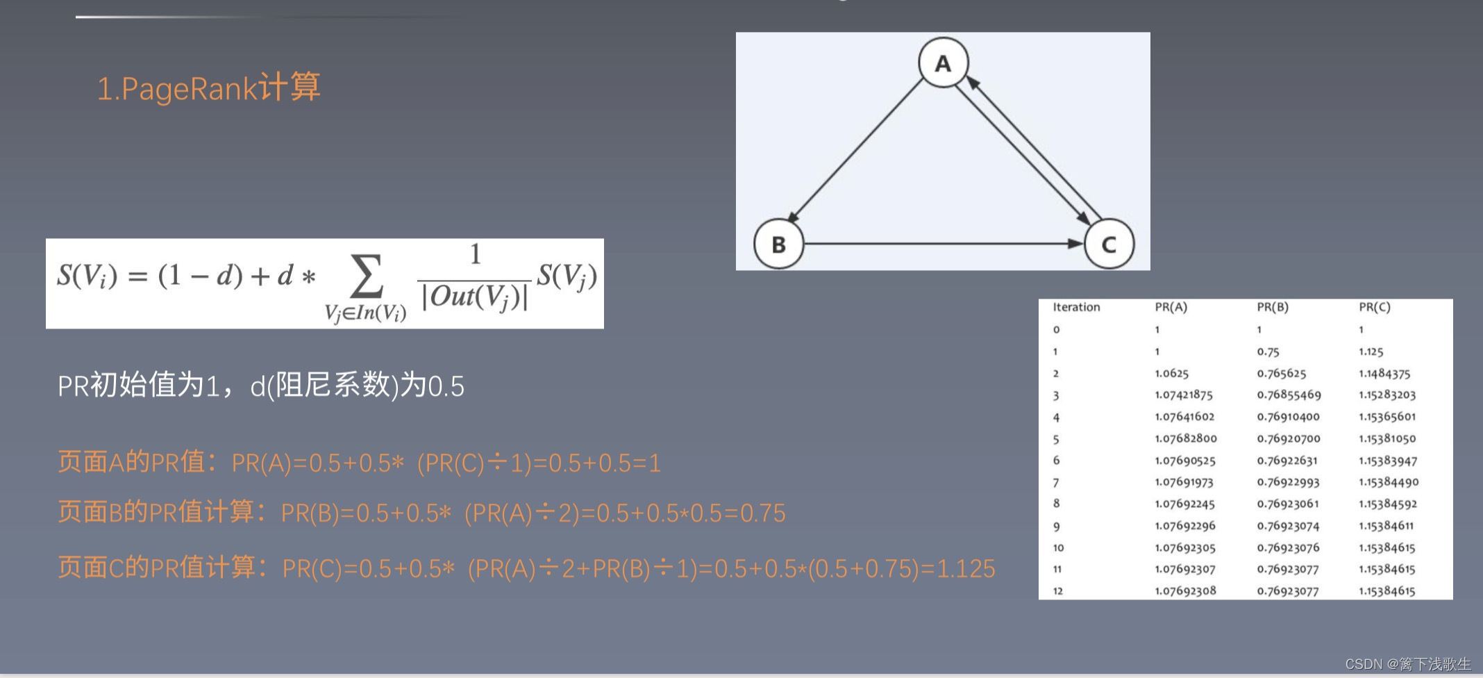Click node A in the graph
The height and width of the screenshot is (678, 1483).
[943, 63]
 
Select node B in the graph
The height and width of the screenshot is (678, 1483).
[778, 244]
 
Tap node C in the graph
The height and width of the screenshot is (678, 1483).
[1109, 244]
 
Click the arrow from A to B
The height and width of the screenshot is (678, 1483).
[857, 150]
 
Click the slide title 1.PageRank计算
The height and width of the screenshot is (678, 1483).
[208, 88]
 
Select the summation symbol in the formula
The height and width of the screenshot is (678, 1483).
[367, 277]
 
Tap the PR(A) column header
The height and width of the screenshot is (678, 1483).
[1171, 307]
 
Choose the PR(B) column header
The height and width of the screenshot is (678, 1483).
[1273, 307]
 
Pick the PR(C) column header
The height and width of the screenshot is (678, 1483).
[1375, 307]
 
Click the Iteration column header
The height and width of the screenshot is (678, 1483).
[1076, 307]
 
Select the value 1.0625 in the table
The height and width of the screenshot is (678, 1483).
[1172, 374]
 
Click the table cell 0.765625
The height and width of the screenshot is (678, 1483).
[1282, 374]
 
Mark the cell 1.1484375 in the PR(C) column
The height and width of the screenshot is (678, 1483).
[1384, 374]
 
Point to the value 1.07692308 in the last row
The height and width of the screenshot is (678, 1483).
[1185, 591]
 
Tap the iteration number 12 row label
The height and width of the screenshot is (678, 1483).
[1058, 591]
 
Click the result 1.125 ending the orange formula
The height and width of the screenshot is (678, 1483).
[966, 569]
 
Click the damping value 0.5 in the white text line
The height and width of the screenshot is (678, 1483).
[446, 386]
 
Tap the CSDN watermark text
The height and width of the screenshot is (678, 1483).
[1407, 664]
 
